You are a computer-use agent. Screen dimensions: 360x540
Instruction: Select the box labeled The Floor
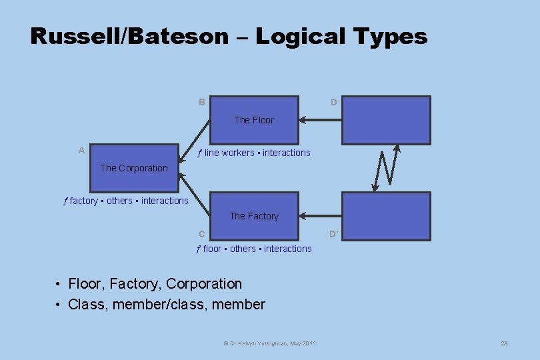click(x=254, y=120)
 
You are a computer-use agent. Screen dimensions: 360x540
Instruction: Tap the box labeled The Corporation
click(x=134, y=168)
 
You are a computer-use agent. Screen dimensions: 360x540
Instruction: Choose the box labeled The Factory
click(x=254, y=216)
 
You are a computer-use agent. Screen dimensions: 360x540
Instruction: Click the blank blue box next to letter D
click(x=386, y=120)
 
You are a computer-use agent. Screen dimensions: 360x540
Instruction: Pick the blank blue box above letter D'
click(x=386, y=216)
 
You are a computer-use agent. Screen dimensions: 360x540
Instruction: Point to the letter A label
click(x=81, y=151)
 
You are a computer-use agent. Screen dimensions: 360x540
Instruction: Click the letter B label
click(x=201, y=103)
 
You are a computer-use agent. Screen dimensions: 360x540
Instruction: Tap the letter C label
click(x=201, y=234)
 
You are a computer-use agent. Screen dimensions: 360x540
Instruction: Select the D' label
click(x=334, y=234)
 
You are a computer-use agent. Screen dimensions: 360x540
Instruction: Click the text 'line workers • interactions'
click(x=257, y=153)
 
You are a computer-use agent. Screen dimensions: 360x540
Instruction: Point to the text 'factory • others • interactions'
click(x=129, y=201)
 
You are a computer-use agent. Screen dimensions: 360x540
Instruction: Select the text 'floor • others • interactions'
click(x=257, y=249)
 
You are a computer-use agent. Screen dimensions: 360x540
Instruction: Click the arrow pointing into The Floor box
click(x=320, y=121)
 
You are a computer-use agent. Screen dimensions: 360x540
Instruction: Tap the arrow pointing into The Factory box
click(x=320, y=216)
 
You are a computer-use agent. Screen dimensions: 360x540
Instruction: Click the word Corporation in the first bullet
click(x=204, y=284)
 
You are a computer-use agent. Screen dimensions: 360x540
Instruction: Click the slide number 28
click(x=504, y=343)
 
